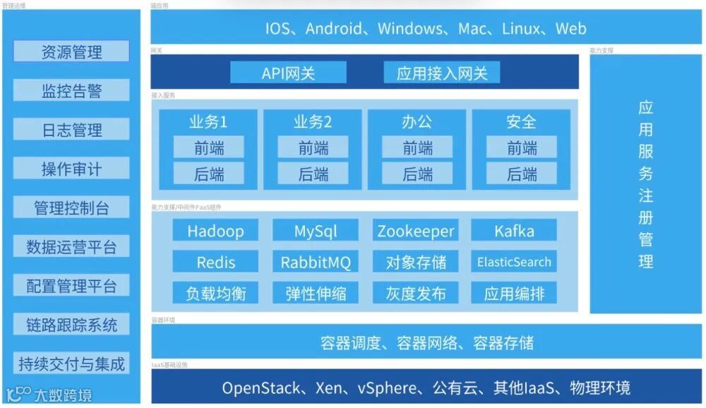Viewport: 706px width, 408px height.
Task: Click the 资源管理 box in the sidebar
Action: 71,52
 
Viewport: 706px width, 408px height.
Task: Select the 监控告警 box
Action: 71,90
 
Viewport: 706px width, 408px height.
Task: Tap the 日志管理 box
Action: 71,130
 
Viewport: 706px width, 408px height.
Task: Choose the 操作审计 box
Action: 71,169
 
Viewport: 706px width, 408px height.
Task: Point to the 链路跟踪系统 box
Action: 71,325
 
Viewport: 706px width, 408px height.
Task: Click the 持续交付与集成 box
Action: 71,364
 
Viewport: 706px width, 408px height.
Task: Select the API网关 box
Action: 288,73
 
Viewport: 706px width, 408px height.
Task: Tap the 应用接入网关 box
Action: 442,73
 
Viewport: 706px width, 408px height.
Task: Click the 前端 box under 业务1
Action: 208,148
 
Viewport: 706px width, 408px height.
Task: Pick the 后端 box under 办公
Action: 417,174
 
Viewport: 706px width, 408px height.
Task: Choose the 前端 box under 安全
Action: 522,148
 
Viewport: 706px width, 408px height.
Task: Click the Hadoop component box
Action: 215,231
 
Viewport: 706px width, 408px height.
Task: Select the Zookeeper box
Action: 416,231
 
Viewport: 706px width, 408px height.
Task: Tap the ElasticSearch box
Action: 514,262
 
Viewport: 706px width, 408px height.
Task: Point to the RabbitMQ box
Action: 316,262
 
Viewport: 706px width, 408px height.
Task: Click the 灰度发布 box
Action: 416,293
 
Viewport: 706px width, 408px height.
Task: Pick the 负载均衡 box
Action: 215,293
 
